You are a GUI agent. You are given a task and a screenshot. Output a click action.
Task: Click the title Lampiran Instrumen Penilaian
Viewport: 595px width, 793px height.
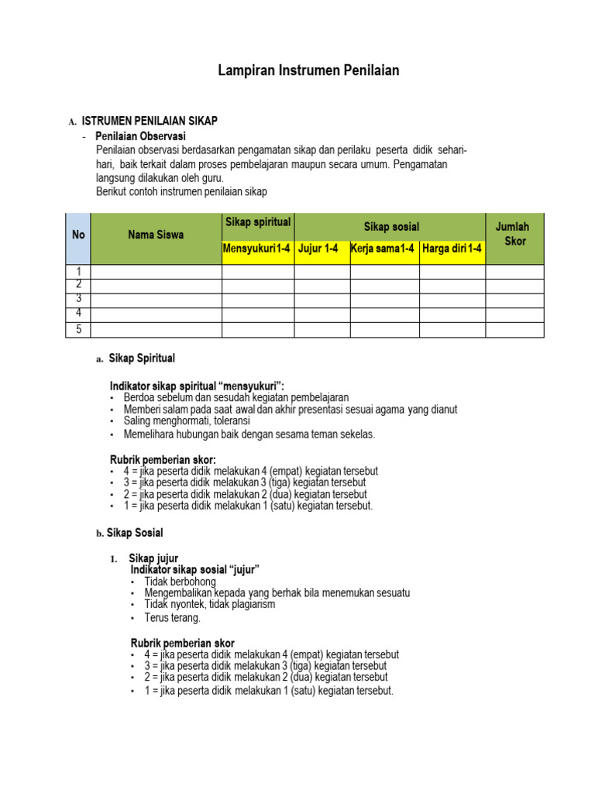pos(308,71)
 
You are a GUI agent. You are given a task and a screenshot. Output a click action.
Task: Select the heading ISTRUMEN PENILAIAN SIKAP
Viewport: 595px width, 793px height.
pos(150,121)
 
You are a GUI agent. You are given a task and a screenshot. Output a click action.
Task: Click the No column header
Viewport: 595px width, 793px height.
pos(78,235)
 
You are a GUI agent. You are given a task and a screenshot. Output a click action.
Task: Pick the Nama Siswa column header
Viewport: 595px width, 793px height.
pos(156,235)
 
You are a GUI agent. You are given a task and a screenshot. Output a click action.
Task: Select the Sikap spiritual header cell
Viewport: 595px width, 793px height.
pos(258,223)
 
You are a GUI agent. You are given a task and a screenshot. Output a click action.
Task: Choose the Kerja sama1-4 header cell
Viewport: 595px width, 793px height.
pos(383,249)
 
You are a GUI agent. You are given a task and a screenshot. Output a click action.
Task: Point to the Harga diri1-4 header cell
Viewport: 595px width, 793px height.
pos(452,249)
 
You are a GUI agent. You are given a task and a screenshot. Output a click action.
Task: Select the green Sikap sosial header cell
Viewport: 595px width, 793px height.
pos(391,226)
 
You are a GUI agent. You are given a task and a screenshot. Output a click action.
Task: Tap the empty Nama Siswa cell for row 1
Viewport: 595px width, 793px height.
pos(156,272)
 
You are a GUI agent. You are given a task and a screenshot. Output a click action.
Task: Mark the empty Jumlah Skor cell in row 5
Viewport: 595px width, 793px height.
pos(514,330)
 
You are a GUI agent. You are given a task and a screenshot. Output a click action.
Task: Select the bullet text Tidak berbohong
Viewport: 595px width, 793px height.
pos(180,582)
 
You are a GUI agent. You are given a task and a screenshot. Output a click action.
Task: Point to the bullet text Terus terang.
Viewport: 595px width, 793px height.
pos(172,618)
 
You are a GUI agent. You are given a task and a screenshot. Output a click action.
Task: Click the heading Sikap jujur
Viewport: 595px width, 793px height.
pos(153,558)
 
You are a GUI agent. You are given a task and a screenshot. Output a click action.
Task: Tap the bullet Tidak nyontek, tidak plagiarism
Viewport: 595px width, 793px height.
pos(209,604)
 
